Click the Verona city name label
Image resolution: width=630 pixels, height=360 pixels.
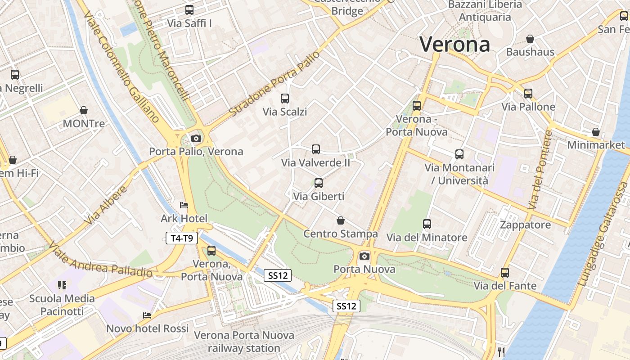(x=455, y=44)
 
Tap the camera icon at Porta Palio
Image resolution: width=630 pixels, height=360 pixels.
(x=196, y=138)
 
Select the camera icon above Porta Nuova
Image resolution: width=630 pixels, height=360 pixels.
(x=364, y=256)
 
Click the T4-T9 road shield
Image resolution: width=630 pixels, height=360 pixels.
(x=182, y=238)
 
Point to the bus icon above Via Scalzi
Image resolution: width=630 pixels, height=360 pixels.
(x=284, y=98)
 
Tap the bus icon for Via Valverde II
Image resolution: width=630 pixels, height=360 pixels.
(x=316, y=149)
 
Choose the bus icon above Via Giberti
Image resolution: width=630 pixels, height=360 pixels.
(x=319, y=183)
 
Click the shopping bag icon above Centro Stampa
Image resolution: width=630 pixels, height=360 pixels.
(x=341, y=220)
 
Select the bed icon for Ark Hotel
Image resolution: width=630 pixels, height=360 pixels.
(x=184, y=205)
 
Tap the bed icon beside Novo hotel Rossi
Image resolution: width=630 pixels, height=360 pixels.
(x=147, y=315)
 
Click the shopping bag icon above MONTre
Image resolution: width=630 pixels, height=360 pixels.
(x=83, y=110)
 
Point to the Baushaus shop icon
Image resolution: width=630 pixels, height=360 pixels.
(x=530, y=39)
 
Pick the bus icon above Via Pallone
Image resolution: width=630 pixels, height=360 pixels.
(x=528, y=93)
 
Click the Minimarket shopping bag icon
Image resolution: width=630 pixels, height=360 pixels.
(x=596, y=132)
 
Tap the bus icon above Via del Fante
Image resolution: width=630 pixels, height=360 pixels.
(x=505, y=272)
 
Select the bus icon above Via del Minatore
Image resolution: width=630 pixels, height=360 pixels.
(x=427, y=224)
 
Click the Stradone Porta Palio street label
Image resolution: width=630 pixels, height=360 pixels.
(x=274, y=83)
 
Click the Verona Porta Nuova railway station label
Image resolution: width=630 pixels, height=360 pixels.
(x=244, y=342)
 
